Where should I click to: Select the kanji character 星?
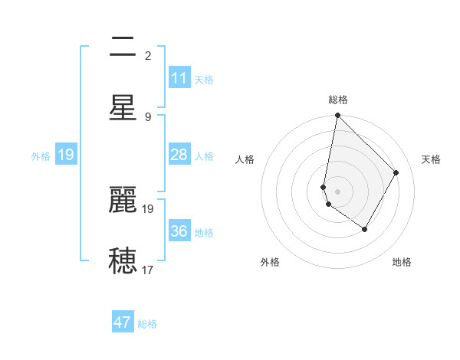[123, 107]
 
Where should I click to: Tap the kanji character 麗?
[123, 201]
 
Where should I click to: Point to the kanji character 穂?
[123, 260]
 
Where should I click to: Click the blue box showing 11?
[179, 78]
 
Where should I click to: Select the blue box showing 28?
[179, 155]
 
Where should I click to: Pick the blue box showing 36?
[179, 231]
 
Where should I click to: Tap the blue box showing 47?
[123, 322]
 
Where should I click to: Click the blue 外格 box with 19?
[66, 155]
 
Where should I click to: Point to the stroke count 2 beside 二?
[148, 56]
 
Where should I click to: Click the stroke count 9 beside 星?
[148, 116]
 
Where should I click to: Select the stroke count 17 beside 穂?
[148, 270]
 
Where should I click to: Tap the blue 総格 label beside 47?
[147, 324]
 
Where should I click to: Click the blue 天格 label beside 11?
[204, 79]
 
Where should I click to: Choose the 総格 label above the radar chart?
[338, 100]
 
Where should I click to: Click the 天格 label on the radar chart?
[432, 159]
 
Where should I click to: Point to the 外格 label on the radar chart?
[270, 262]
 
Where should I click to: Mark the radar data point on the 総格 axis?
[337, 116]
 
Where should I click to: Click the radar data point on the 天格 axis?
[396, 172]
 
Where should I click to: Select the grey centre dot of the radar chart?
[337, 191]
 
